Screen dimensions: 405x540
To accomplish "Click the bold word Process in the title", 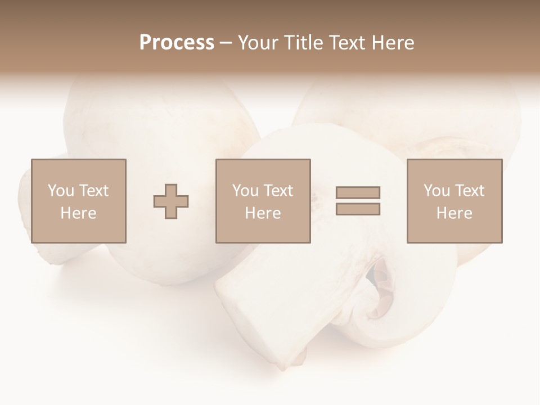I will (x=177, y=43).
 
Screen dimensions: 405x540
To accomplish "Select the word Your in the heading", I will (x=257, y=43).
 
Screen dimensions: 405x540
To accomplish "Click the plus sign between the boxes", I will (x=171, y=201).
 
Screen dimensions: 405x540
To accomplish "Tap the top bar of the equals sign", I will (x=358, y=192).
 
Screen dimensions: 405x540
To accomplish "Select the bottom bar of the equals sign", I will (x=358, y=209).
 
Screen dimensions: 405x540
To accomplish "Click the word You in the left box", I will (x=60, y=191).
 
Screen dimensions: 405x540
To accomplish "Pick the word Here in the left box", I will (x=78, y=213).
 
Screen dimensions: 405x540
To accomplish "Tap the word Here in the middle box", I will (x=263, y=213).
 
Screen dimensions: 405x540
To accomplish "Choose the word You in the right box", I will (x=436, y=191).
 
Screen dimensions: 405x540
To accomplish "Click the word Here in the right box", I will (x=454, y=213).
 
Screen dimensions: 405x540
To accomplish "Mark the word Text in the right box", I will (x=470, y=191).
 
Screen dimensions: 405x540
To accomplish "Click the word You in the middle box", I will (x=245, y=191).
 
